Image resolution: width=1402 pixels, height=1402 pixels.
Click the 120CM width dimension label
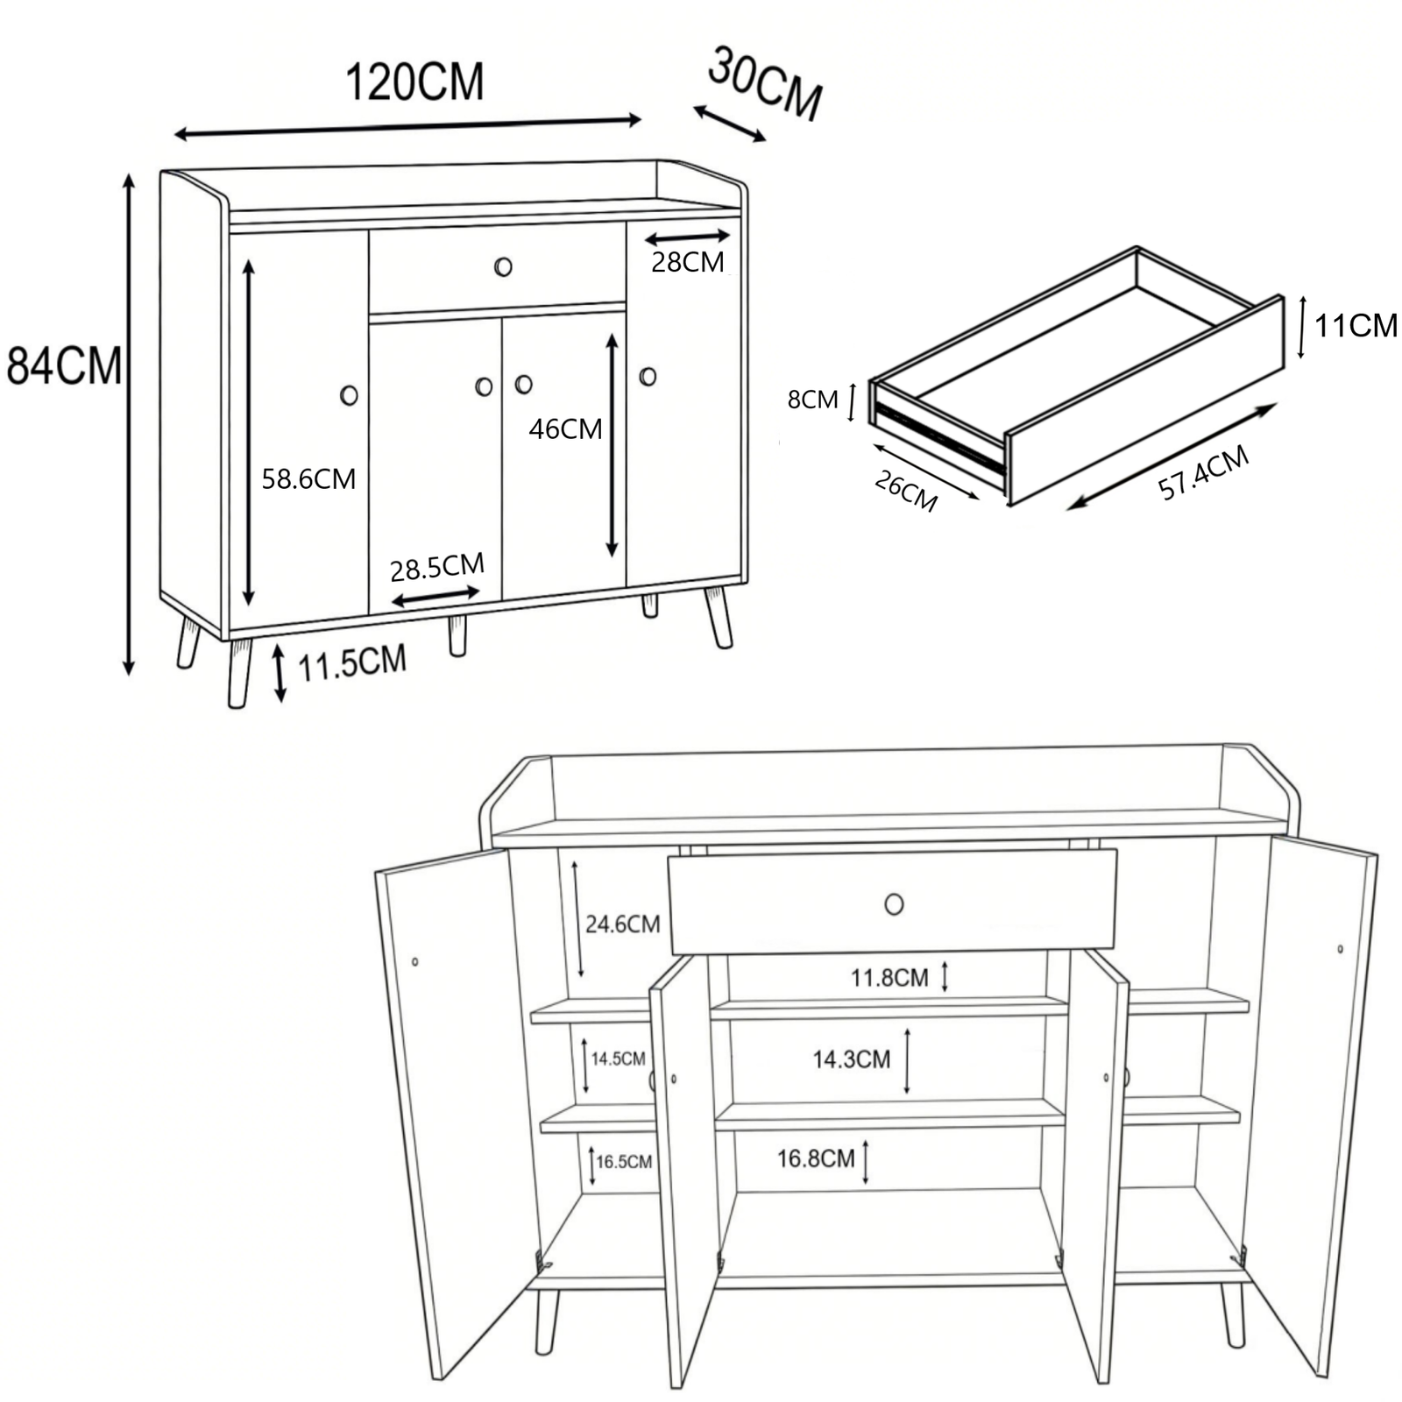click(414, 82)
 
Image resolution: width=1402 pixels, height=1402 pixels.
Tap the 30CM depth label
click(765, 83)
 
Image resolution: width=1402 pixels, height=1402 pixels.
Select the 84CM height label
click(63, 365)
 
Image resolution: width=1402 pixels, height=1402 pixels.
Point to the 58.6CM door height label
click(308, 479)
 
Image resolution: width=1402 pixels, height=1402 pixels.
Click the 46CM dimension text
click(565, 429)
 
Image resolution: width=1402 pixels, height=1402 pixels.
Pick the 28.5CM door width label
click(437, 567)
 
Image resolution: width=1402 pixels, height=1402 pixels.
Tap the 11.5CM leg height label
click(352, 663)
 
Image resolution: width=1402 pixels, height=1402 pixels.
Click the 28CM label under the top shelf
click(688, 261)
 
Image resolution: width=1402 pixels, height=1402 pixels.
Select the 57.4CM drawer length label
click(1203, 472)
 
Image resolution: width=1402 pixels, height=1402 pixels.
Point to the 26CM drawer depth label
click(906, 491)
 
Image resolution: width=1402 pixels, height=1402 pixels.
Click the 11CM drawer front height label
click(1356, 326)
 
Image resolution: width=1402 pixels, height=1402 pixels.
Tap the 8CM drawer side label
click(812, 400)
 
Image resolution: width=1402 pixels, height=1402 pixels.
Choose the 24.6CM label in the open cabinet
click(622, 924)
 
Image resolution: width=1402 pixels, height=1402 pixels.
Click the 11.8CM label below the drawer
click(889, 977)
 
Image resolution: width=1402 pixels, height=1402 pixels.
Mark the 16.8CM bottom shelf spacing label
click(816, 1158)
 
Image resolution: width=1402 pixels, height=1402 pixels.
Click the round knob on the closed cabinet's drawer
click(503, 266)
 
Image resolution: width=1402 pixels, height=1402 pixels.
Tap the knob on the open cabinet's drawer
click(894, 903)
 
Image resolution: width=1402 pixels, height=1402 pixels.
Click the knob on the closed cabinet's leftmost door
click(349, 395)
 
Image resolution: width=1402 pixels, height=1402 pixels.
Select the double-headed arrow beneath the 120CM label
click(408, 127)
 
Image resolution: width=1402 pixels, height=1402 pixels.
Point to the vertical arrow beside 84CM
click(129, 425)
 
